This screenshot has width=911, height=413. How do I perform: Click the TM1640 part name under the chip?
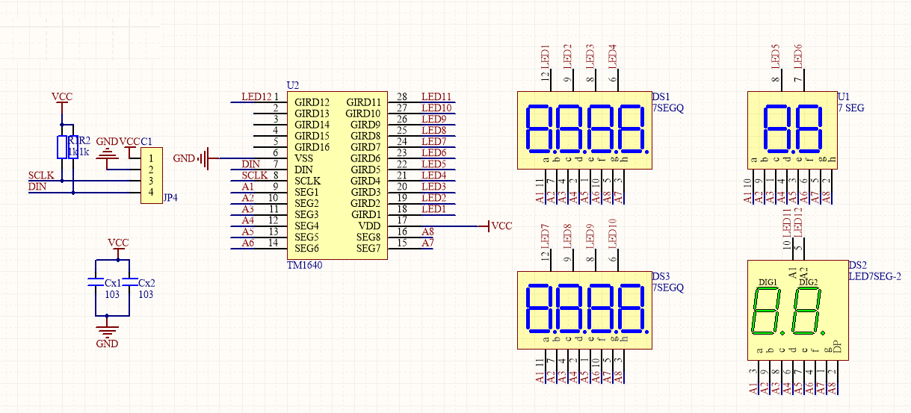pyautogui.click(x=305, y=265)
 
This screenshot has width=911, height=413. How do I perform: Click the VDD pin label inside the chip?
pyautogui.click(x=370, y=226)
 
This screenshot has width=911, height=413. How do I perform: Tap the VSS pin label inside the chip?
pyautogui.click(x=304, y=158)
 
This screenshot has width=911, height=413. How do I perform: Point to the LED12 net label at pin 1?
pyautogui.click(x=256, y=96)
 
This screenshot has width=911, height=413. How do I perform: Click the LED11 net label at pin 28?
pyautogui.click(x=436, y=96)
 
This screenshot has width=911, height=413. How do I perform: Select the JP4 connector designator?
pyautogui.click(x=170, y=199)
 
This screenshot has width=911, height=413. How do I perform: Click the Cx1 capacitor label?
pyautogui.click(x=113, y=283)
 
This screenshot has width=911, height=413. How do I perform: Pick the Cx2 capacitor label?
pyautogui.click(x=146, y=283)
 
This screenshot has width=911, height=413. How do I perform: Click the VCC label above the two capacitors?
pyautogui.click(x=118, y=243)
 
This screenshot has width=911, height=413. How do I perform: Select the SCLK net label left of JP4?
pyautogui.click(x=41, y=175)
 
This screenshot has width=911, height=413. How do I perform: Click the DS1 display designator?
pyautogui.click(x=661, y=97)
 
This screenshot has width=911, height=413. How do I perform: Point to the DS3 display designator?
pyautogui.click(x=661, y=276)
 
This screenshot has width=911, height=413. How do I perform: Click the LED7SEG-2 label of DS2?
pyautogui.click(x=875, y=276)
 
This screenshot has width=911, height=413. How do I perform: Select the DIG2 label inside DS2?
pyautogui.click(x=808, y=282)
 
